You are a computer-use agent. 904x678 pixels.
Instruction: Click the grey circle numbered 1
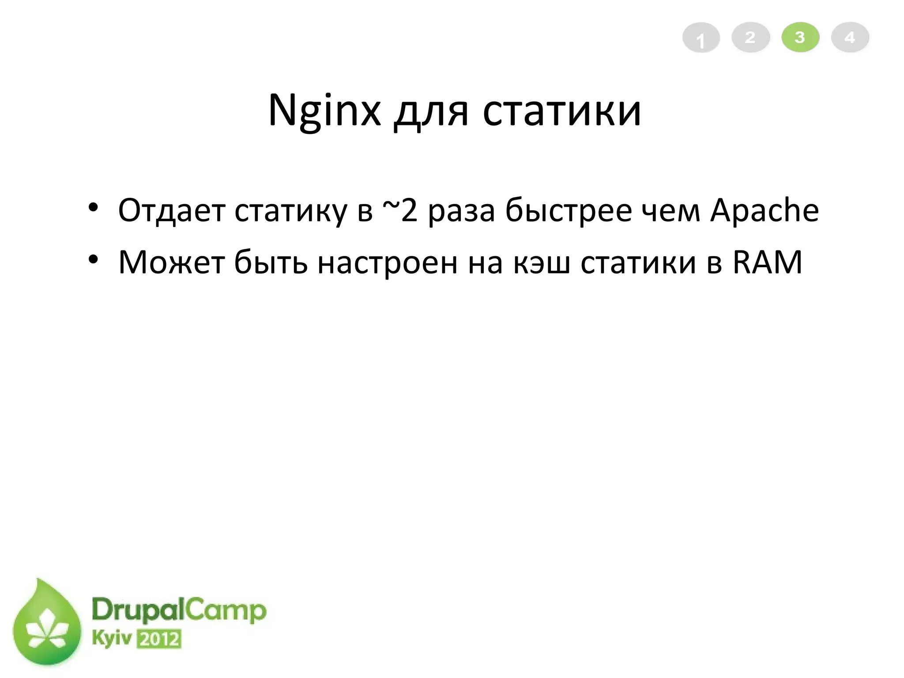coord(701,38)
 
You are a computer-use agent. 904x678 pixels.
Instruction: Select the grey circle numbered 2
coord(750,38)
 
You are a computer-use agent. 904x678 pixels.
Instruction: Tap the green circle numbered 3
coord(800,38)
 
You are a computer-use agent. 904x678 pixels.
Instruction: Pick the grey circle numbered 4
coord(850,38)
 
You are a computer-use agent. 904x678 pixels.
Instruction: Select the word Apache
coord(764,211)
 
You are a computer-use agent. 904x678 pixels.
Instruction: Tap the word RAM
coord(767,263)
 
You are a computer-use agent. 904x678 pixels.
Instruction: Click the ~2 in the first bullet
coord(399,210)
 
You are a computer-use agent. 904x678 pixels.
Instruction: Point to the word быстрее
coord(569,211)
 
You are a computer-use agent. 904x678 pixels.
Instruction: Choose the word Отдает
coord(172,211)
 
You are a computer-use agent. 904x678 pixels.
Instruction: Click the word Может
coord(171,263)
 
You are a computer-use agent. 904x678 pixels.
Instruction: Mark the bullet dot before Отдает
coord(93,208)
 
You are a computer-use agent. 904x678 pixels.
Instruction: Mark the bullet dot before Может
coord(93,260)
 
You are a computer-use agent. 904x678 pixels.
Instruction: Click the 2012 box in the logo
coord(159,639)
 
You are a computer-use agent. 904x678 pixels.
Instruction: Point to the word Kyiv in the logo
coord(112,639)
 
